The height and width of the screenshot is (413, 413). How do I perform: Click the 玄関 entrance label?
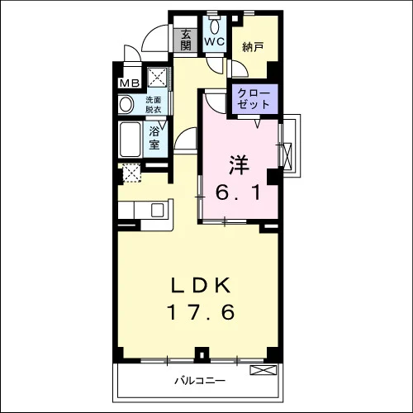186,40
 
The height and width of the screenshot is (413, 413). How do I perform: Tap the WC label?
215,41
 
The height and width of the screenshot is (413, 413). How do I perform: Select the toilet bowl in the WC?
215,27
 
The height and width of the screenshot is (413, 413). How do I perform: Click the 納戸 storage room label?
253,47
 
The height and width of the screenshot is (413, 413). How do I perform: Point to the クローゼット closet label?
253,98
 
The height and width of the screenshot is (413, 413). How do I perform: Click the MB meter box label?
130,83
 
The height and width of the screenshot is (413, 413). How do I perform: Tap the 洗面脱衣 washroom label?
154,105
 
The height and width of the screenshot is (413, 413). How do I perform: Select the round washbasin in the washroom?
126,105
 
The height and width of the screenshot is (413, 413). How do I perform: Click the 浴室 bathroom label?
154,138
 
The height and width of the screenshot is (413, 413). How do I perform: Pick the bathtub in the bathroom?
130,140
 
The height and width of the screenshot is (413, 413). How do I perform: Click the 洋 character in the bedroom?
239,165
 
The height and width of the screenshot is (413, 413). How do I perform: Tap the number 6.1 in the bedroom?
238,192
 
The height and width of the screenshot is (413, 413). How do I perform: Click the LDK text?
201,285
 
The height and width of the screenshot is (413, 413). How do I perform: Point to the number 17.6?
202,312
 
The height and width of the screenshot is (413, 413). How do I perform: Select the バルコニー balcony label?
200,381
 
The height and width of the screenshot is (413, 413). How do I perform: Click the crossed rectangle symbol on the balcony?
263,370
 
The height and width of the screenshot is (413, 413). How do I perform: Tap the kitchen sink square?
158,211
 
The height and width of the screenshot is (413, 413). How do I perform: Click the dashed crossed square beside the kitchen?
131,173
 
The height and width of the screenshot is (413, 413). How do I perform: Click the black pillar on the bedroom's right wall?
274,177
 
